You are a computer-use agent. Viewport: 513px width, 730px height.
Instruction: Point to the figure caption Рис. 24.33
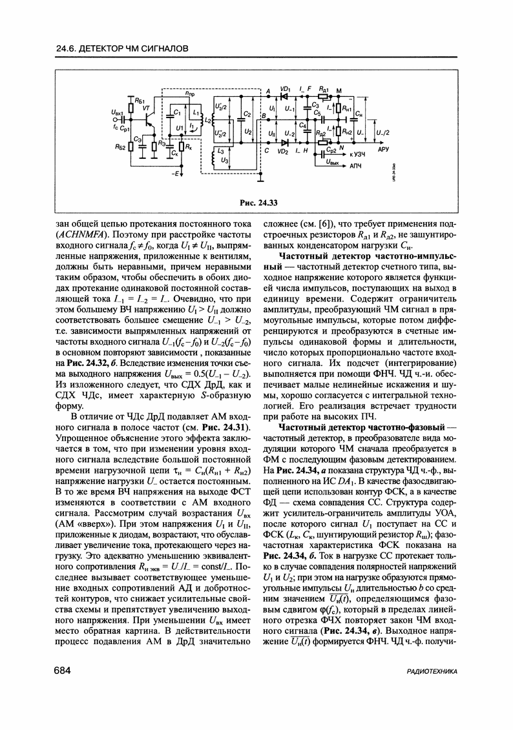point(258,203)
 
